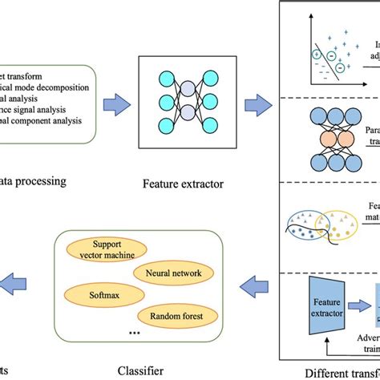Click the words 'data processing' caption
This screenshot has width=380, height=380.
tap(36, 159)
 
